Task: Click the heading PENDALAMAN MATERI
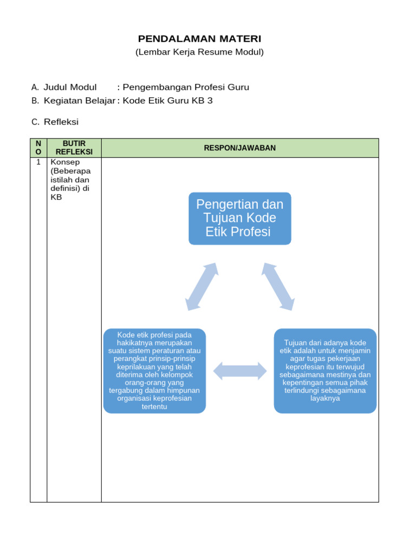click(199, 38)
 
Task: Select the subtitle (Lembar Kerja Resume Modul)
click(199, 52)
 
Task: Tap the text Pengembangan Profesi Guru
click(186, 87)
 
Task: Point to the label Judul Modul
click(70, 87)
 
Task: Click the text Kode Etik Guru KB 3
click(167, 101)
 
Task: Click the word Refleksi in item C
click(61, 122)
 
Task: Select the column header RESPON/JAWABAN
click(239, 148)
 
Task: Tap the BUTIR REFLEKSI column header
click(74, 148)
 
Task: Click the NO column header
click(38, 148)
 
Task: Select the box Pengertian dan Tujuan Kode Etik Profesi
click(239, 219)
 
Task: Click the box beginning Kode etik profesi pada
click(154, 371)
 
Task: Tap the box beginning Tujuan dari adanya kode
click(325, 371)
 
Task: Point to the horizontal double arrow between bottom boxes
click(239, 371)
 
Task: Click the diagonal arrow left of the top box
click(201, 287)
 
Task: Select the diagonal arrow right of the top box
click(278, 287)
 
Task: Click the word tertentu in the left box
click(154, 406)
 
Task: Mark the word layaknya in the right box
click(325, 398)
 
